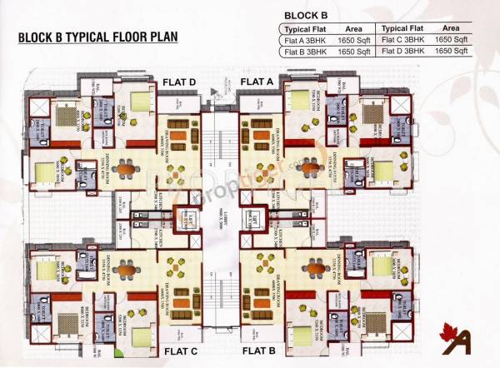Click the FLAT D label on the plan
(179, 82)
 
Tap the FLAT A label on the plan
(257, 82)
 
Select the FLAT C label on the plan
(179, 351)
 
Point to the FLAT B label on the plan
(257, 351)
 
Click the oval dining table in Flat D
(126, 170)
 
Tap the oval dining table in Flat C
(126, 269)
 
